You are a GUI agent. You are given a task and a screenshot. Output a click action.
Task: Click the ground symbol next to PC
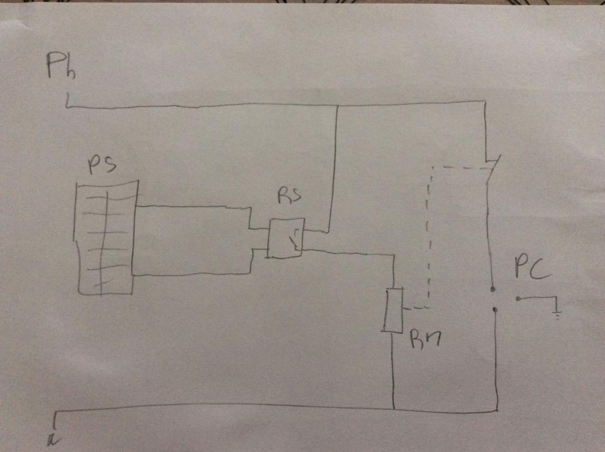point(558,313)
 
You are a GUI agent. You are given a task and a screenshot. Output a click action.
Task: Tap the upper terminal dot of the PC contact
point(493,288)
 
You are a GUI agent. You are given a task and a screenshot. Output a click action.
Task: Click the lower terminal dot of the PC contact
point(494,310)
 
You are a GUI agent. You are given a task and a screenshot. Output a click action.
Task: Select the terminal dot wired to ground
point(519,299)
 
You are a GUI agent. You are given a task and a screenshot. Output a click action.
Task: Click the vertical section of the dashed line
point(428,236)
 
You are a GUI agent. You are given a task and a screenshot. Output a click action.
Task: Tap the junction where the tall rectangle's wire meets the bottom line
point(393,409)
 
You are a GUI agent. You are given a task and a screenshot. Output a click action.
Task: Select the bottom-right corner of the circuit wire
point(497,410)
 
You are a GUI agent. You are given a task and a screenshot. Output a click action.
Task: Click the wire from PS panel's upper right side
point(189,207)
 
